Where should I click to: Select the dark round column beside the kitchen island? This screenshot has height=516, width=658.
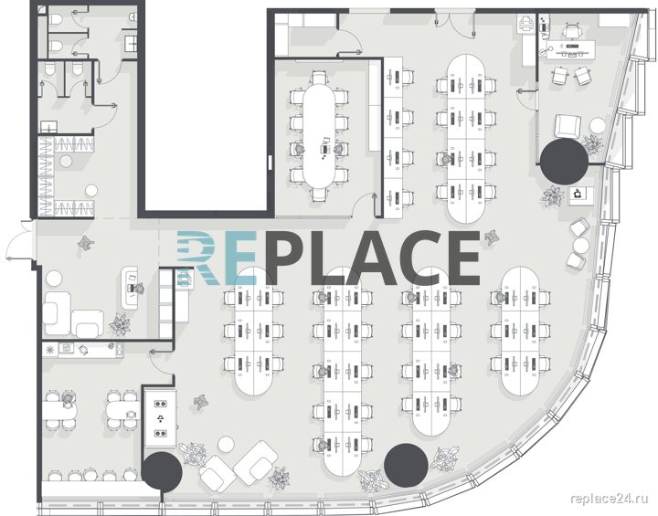coord(162,472)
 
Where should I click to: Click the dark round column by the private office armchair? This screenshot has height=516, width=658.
coord(564,161)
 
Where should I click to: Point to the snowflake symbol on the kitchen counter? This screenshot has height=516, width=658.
coord(50,349)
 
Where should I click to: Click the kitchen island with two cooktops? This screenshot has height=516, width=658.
coord(160,418)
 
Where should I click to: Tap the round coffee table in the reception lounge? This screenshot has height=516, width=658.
coord(54,279)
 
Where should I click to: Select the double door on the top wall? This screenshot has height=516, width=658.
coord(454,22)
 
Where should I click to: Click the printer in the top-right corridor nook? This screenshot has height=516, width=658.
coord(525,22)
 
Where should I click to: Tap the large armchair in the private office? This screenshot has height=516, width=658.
coord(568,126)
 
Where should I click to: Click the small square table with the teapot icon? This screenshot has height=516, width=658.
coord(580,195)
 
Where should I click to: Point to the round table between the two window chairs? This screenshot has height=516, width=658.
coord(581,245)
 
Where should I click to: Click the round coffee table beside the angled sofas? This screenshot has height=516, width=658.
coord(226,444)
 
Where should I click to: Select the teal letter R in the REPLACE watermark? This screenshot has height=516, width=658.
coord(196,257)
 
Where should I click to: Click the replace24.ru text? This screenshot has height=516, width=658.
coord(610,498)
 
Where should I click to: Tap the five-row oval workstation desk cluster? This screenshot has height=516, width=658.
coord(342,373)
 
